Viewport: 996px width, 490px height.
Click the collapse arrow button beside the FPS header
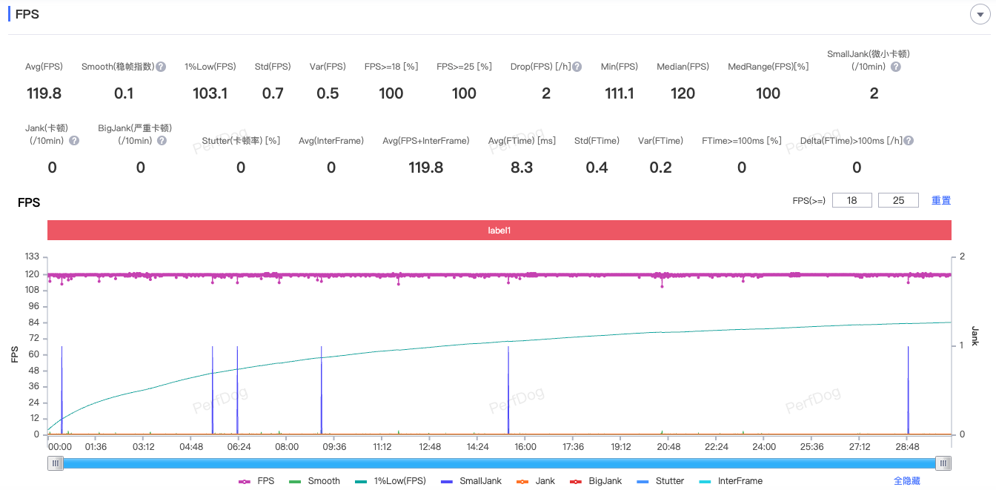coord(980,14)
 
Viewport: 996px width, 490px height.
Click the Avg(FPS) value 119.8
coord(44,93)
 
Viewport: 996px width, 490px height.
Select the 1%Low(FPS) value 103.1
coord(210,93)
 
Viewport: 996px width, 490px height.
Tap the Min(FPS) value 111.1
coord(619,93)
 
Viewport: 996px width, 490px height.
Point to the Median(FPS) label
coord(683,67)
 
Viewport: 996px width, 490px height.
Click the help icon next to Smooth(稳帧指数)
coord(161,67)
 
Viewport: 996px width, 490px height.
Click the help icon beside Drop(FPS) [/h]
coord(577,67)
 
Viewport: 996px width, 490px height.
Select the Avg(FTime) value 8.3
coord(522,168)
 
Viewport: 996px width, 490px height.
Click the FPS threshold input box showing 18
coord(852,200)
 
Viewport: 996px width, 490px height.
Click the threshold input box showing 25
coord(898,200)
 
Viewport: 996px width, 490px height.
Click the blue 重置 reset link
coord(941,200)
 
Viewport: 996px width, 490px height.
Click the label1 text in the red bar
coord(499,231)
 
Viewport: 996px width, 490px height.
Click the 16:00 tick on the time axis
coord(525,447)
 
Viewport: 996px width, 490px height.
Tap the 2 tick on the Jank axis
coord(963,256)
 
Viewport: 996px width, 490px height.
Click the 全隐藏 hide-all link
coord(907,481)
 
